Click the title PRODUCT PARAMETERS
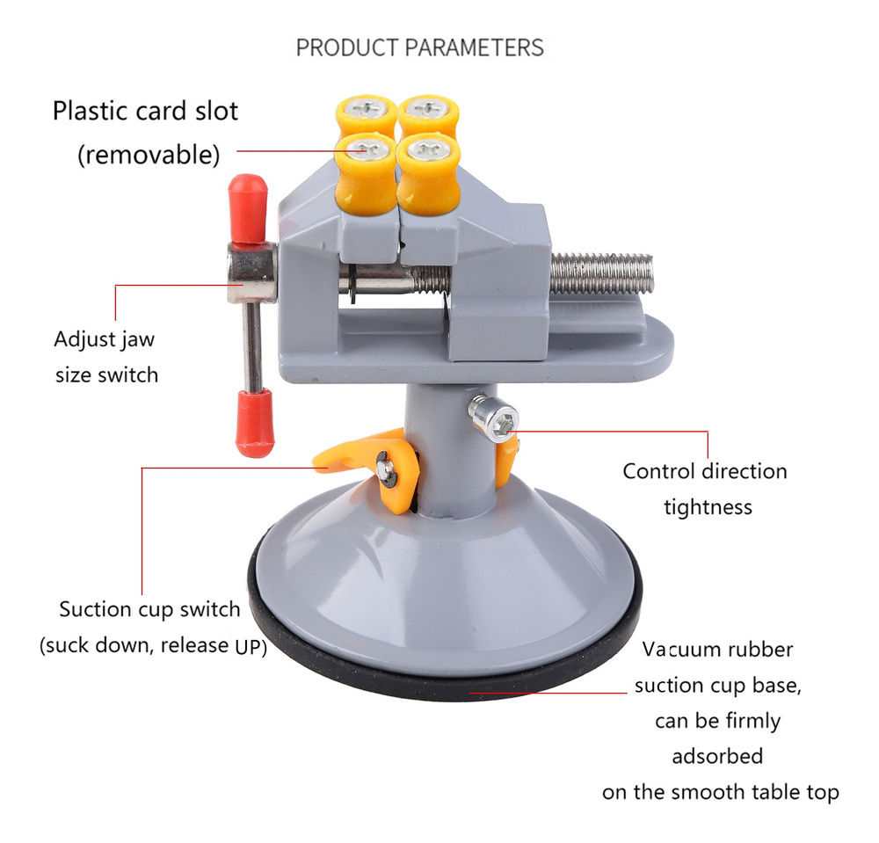pyautogui.click(x=420, y=47)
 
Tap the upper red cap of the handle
pyautogui.click(x=247, y=208)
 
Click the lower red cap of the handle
pyautogui.click(x=255, y=423)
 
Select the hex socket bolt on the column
pyautogui.click(x=494, y=418)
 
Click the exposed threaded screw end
pyautogui.click(x=601, y=273)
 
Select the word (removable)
pyautogui.click(x=149, y=155)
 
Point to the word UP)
pyautogui.click(x=251, y=647)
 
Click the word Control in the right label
pyautogui.click(x=659, y=471)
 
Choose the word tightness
pyautogui.click(x=708, y=507)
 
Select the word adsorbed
pyautogui.click(x=717, y=756)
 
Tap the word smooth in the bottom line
pyautogui.click(x=708, y=792)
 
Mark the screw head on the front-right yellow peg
pyautogui.click(x=428, y=149)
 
